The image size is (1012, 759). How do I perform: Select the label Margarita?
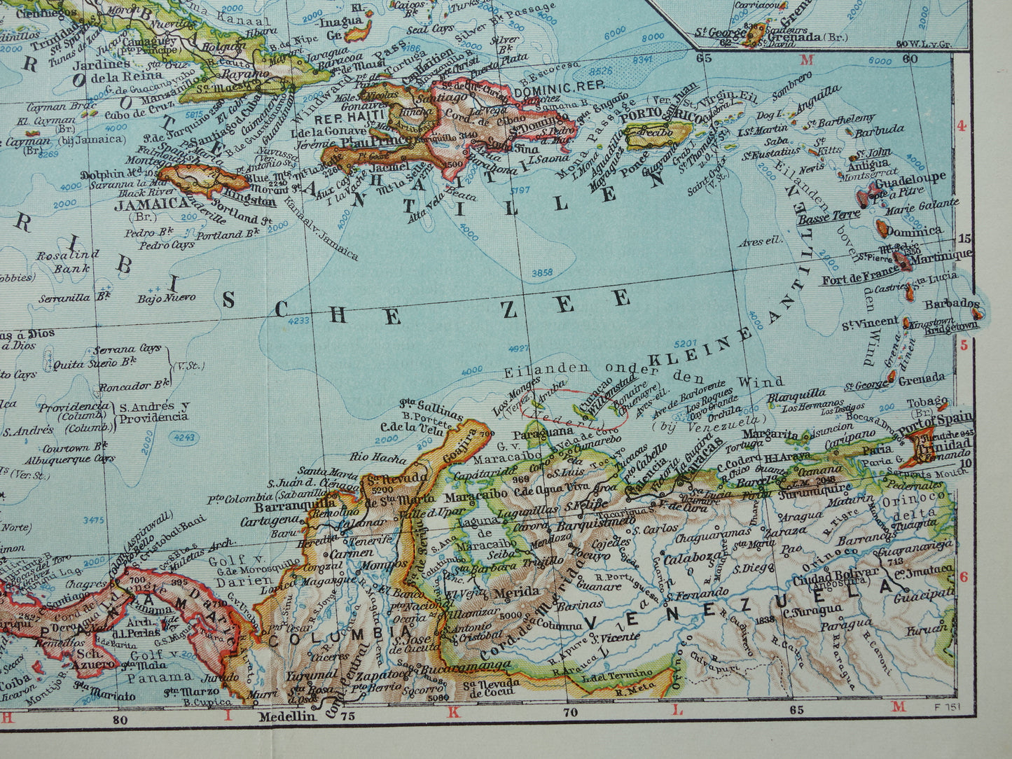pos(770,434)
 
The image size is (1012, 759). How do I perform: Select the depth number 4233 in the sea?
pos(298,321)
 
